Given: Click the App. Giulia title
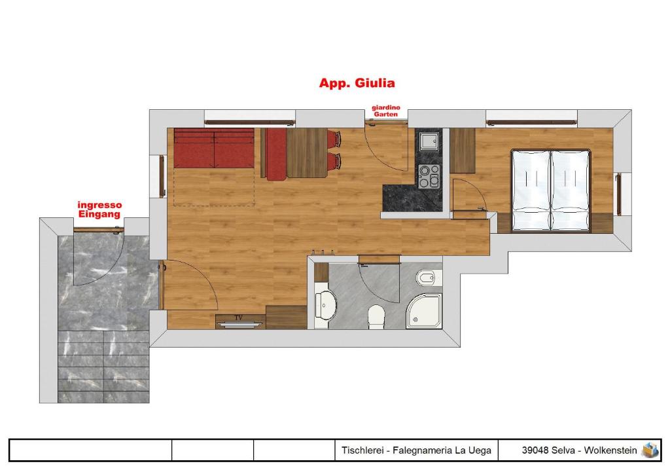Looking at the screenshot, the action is tap(357, 83).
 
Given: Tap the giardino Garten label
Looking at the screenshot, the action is tap(386, 111).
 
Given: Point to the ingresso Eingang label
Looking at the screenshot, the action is tap(99, 210).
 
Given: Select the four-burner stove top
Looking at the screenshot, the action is tap(429, 176).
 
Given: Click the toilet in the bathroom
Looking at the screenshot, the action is tap(376, 317).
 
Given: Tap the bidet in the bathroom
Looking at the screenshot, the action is tap(428, 279).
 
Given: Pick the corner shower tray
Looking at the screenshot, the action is tap(424, 311).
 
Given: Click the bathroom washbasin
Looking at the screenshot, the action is tap(326, 305).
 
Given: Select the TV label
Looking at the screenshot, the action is tap(238, 317).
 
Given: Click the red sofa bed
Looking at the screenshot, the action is tap(214, 148).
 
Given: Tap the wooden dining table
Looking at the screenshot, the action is tap(307, 153).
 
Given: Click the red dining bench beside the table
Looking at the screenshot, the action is tap(276, 154).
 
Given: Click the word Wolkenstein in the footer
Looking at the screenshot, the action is tap(610, 450).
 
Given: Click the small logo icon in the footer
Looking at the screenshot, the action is tap(650, 450).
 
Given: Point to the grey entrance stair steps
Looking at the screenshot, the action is tap(103, 366).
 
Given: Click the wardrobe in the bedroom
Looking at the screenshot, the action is tap(463, 151).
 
